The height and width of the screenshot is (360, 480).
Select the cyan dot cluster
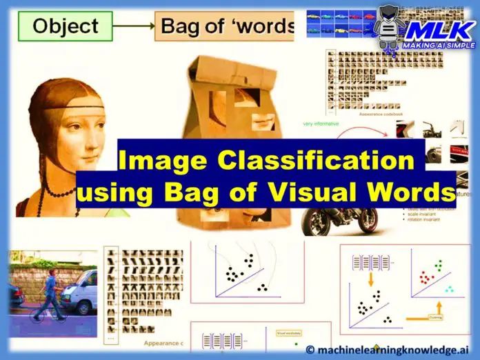click(449, 289)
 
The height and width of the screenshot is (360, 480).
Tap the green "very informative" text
click(321, 124)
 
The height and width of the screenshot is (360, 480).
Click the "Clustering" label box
click(435, 317)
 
